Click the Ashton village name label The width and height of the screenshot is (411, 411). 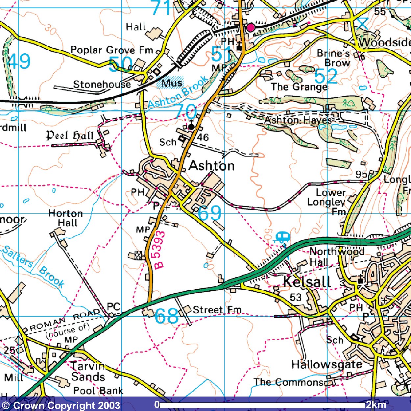pyautogui.click(x=212, y=166)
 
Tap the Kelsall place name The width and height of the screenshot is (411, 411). pyautogui.click(x=307, y=282)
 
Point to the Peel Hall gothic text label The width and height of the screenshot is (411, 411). pyautogui.click(x=70, y=135)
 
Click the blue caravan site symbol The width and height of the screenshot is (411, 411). pyautogui.click(x=282, y=237)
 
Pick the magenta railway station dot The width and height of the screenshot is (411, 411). pyautogui.click(x=251, y=28)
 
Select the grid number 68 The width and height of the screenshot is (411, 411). pyautogui.click(x=166, y=316)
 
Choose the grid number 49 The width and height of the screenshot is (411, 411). pyautogui.click(x=19, y=61)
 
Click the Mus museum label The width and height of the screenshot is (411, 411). pyautogui.click(x=172, y=83)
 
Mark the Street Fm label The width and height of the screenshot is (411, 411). pyautogui.click(x=217, y=310)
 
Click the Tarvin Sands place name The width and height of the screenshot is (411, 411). pyautogui.click(x=88, y=371)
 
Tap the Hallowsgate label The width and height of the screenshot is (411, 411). pyautogui.click(x=326, y=364)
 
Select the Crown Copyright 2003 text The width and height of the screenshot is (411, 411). pyautogui.click(x=61, y=405)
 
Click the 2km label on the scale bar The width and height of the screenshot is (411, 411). pyautogui.click(x=376, y=404)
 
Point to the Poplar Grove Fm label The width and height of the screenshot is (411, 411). pyautogui.click(x=112, y=50)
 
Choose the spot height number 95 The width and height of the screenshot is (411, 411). pyautogui.click(x=361, y=174)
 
